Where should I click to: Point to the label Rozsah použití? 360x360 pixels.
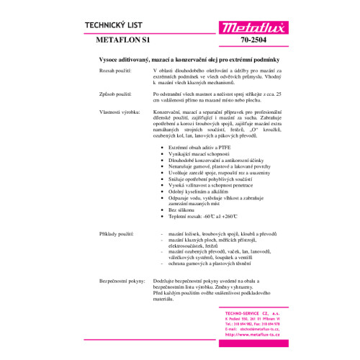(114, 71)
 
